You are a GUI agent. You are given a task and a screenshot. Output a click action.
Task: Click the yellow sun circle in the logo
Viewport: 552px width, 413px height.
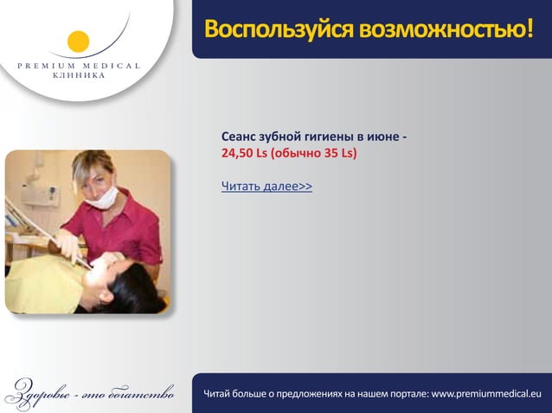[78, 41]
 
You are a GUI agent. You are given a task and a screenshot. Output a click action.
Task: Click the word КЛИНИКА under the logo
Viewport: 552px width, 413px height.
[77, 76]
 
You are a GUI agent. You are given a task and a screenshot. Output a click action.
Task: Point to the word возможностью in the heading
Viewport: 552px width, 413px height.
[440, 31]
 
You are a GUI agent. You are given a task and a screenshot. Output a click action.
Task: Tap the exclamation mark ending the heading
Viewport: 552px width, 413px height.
[528, 31]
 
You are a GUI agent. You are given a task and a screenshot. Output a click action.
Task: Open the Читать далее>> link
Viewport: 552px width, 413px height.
[266, 186]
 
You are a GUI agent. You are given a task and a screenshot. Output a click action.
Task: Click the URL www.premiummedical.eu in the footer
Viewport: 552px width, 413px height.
[485, 395]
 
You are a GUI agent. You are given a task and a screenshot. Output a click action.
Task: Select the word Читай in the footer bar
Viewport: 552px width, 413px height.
[219, 395]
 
